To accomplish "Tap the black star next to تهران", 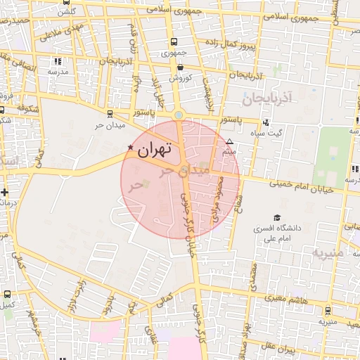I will pyautogui.click(x=130, y=147).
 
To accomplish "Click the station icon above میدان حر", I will pyautogui.click(x=109, y=113).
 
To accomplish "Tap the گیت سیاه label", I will pyautogui.click(x=270, y=133).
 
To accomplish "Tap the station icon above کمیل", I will pyautogui.click(x=7, y=295).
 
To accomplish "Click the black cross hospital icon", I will pyautogui.click(x=5, y=191).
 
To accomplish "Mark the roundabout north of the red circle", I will pyautogui.click(x=179, y=115).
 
